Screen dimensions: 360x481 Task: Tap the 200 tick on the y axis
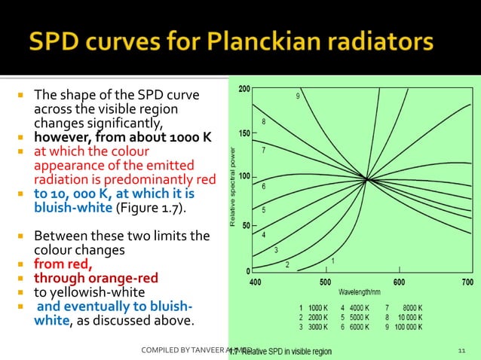pyautogui.click(x=245, y=90)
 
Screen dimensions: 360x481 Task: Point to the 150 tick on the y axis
pyautogui.click(x=245, y=134)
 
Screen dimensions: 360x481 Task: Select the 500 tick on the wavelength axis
pyautogui.click(x=325, y=282)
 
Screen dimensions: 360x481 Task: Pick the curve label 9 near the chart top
pyautogui.click(x=298, y=96)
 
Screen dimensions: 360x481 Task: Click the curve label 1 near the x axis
pyautogui.click(x=332, y=261)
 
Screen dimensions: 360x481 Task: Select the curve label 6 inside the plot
pyautogui.click(x=263, y=186)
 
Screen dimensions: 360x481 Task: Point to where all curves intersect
pyautogui.click(x=367, y=179)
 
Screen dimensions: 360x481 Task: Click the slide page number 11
pyautogui.click(x=461, y=351)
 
